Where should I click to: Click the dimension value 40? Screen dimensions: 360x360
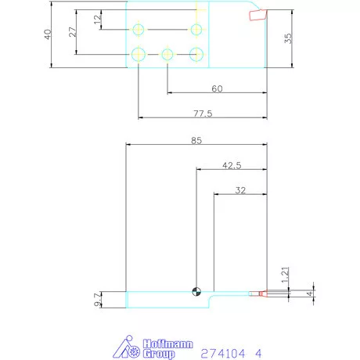coord(48,34)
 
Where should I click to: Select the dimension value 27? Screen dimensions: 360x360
coord(73,32)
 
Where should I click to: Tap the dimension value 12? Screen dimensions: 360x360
coord(98,20)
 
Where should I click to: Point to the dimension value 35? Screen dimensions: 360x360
coord(288,38)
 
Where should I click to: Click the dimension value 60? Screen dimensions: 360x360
coord(217,89)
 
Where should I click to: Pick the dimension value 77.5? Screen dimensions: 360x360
coord(203,113)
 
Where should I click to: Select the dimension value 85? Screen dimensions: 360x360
coord(196,141)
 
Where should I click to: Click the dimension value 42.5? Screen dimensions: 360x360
coord(232,165)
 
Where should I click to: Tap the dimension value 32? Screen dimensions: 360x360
coord(240,190)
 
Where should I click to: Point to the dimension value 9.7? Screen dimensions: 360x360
coord(97,300)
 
